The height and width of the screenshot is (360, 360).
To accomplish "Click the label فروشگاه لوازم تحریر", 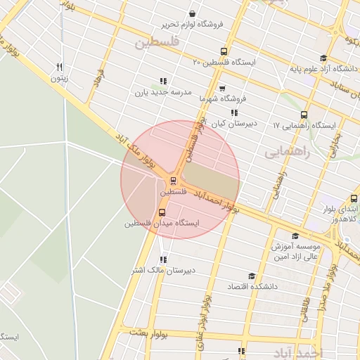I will point(193,24).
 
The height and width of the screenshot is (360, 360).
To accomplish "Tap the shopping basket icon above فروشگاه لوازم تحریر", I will point(193,13).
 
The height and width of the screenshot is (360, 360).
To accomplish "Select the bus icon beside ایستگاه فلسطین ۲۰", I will point(224,51).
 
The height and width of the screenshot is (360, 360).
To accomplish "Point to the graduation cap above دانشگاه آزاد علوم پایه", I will point(323,58).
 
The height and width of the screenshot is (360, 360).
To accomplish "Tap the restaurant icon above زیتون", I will point(59,67).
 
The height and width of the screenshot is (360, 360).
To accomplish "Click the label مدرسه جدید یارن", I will point(163,92).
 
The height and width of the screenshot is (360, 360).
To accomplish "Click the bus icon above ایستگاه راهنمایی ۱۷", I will point(304,115).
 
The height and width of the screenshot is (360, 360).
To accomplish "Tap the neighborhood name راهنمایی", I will point(284,151).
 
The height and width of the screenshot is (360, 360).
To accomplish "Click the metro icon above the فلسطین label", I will point(174,180).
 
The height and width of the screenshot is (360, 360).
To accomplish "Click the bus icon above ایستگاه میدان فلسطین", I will point(162,212).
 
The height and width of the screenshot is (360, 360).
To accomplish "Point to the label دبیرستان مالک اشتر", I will point(163,270).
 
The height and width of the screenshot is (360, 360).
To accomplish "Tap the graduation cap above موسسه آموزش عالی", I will point(295,236).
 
